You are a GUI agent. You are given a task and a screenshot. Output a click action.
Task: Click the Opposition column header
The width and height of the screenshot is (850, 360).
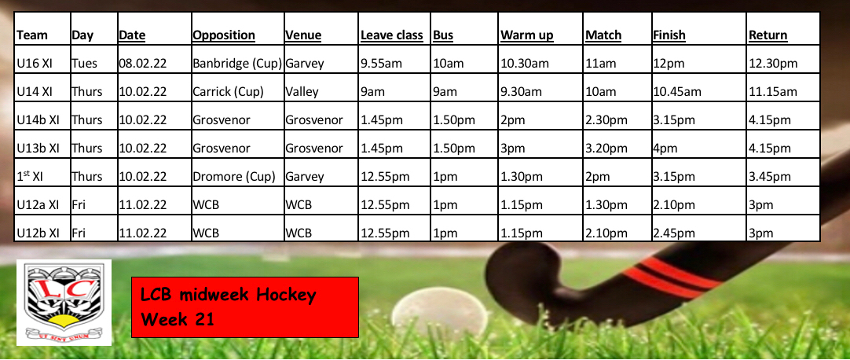(x=224, y=35)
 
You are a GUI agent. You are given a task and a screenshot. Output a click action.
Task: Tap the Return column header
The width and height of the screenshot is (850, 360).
(x=768, y=35)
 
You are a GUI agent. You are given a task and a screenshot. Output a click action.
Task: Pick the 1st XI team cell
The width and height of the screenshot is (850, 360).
(x=29, y=176)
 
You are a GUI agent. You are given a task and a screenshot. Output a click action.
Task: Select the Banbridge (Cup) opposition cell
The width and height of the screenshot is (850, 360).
(x=237, y=64)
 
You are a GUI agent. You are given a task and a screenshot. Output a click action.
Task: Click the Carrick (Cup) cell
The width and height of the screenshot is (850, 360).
(x=229, y=92)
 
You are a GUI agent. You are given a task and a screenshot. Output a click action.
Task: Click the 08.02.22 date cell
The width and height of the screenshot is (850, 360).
(x=142, y=64)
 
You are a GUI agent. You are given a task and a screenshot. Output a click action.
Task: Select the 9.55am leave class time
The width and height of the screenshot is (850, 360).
(x=381, y=64)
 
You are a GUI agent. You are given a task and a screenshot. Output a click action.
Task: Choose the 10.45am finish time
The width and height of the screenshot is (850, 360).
(x=677, y=92)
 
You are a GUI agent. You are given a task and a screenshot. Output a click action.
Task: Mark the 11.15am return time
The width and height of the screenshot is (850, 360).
(x=773, y=92)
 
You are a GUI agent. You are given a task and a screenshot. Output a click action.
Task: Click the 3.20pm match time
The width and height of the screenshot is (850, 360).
(x=606, y=149)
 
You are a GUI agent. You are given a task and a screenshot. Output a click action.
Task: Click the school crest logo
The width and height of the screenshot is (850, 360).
(x=64, y=302)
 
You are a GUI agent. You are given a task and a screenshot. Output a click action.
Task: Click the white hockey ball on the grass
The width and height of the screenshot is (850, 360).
(x=440, y=315)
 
